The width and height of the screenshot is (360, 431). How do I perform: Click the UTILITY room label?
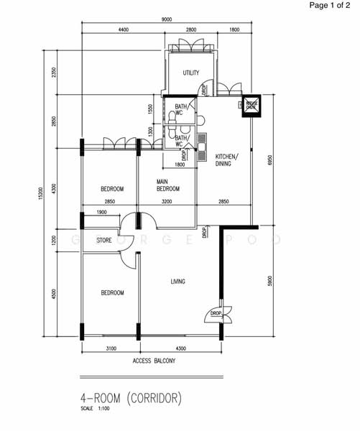point(190,73)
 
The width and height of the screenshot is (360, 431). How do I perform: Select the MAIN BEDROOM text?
point(167,186)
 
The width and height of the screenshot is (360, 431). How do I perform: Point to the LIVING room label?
point(177,282)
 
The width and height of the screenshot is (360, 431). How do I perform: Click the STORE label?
point(104,241)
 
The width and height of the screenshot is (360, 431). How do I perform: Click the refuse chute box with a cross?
point(252,105)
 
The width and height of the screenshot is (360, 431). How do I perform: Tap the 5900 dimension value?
point(269,281)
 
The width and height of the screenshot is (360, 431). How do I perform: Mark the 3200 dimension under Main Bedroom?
point(167,202)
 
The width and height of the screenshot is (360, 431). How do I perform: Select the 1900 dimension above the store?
point(101,213)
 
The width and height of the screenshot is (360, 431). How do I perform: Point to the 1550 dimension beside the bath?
point(149,109)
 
